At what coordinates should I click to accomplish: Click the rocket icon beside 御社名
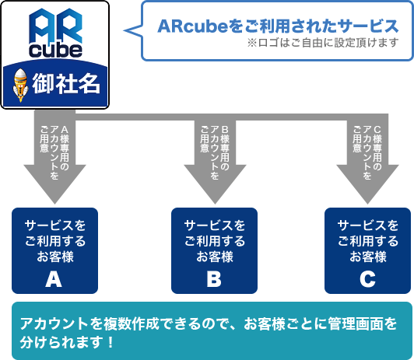(20, 85)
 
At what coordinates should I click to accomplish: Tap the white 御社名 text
(66, 84)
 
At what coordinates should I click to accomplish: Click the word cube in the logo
(55, 51)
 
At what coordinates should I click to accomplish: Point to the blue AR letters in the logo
(55, 26)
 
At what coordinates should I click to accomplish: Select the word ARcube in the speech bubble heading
(192, 26)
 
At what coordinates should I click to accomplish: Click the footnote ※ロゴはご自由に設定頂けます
(323, 43)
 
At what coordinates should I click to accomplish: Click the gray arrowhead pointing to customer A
(55, 184)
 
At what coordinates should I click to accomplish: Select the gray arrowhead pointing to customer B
(215, 184)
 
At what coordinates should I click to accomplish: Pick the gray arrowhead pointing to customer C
(367, 184)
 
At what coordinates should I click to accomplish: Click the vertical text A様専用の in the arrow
(65, 148)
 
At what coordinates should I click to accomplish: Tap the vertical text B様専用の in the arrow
(225, 148)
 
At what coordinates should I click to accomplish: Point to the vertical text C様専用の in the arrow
(377, 148)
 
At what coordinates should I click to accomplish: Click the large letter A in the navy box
(54, 279)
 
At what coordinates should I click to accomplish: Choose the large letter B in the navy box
(214, 279)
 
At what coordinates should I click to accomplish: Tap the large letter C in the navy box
(367, 279)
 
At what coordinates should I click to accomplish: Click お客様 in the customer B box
(215, 257)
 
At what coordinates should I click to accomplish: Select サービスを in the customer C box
(368, 225)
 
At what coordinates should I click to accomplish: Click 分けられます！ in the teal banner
(67, 342)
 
